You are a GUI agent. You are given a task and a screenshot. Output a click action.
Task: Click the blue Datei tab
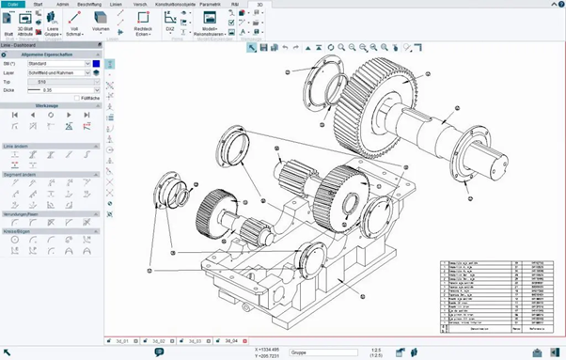pos(13,5)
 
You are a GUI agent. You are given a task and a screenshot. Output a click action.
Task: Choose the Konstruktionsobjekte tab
pos(174,5)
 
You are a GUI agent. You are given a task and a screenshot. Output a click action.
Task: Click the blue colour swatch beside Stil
pos(95,63)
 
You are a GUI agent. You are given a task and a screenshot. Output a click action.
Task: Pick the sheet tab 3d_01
pos(121,340)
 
